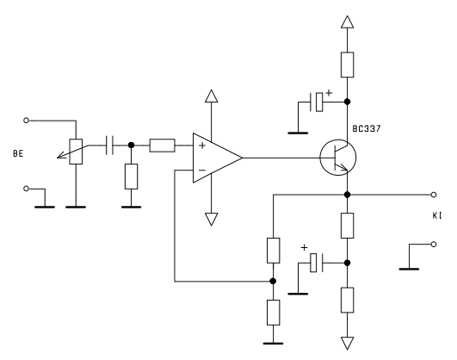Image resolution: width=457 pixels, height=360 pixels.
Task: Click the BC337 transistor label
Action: click(367, 128)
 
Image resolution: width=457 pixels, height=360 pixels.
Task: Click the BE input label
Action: click(18, 154)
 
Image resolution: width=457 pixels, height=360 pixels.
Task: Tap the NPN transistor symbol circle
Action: click(337, 158)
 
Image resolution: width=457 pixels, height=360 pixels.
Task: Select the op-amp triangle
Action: click(218, 158)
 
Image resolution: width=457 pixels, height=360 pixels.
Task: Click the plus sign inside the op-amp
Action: click(202, 146)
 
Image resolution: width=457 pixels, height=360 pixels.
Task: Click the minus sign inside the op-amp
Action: click(202, 170)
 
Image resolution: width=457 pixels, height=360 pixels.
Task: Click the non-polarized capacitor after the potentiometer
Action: click(109, 145)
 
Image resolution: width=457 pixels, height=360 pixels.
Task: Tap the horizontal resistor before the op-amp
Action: click(163, 146)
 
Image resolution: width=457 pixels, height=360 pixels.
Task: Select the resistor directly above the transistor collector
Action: click(347, 65)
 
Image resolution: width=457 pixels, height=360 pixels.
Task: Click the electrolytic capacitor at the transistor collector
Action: click(317, 102)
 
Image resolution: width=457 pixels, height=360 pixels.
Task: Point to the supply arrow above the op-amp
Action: click(212, 96)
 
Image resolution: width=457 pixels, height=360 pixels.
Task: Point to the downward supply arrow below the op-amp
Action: click(212, 220)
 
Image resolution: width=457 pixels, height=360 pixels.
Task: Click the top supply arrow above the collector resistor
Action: click(347, 22)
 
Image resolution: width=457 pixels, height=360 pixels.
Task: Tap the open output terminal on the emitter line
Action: click(434, 195)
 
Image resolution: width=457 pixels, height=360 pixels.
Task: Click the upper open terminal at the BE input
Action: click(26, 121)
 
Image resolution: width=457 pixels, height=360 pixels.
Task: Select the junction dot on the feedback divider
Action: click(273, 281)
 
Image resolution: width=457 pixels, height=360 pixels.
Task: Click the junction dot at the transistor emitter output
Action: click(347, 195)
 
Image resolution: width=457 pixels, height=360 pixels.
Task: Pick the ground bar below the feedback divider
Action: click(273, 344)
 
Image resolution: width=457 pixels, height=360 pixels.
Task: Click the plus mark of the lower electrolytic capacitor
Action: click(304, 247)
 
